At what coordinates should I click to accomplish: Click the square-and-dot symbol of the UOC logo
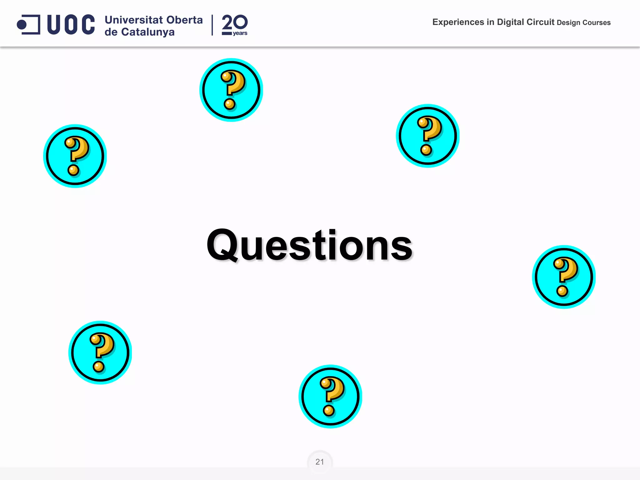(28, 24)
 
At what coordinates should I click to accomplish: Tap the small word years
(240, 33)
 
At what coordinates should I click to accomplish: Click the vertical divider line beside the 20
(212, 25)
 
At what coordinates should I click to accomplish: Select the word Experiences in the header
(458, 22)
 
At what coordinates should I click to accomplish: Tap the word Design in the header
(568, 22)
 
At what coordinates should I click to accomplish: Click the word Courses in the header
(596, 22)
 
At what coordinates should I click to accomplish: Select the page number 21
(320, 462)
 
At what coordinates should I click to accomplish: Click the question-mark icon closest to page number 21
(330, 396)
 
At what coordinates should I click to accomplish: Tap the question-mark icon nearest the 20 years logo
(231, 90)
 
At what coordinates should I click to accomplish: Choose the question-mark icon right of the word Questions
(564, 277)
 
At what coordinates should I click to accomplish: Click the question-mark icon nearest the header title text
(428, 136)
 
